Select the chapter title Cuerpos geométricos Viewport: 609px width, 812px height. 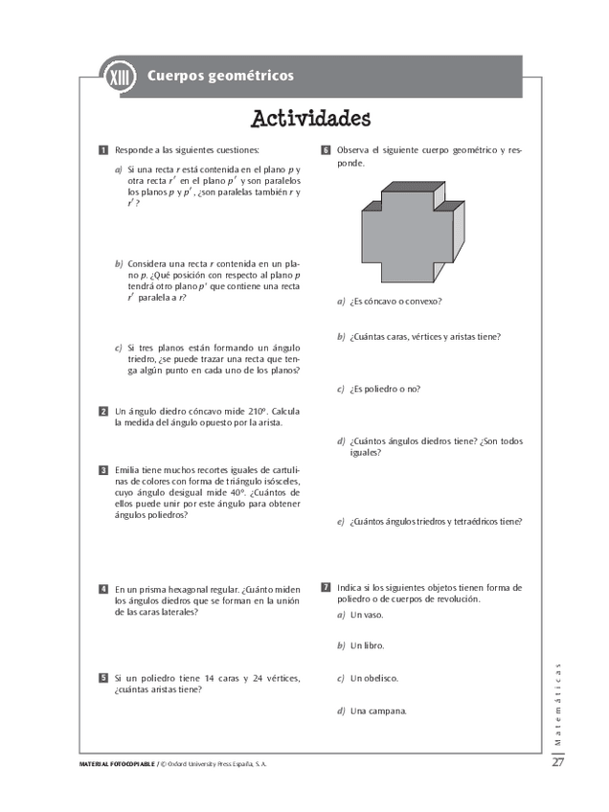[x=220, y=76]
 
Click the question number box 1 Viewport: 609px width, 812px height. [x=102, y=150]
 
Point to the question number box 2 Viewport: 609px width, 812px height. [x=102, y=411]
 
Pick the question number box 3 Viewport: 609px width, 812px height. [x=102, y=470]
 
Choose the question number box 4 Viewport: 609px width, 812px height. [x=102, y=588]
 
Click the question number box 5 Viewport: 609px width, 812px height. [x=102, y=678]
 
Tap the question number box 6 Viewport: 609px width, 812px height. [x=326, y=150]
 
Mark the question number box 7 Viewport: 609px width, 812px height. [x=326, y=587]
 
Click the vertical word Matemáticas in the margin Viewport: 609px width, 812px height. [x=558, y=703]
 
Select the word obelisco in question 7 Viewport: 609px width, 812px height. [x=381, y=678]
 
